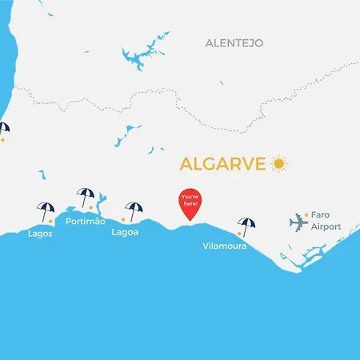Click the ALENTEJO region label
pos(234,42)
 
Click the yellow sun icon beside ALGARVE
pos(279,164)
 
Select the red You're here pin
pos(190,202)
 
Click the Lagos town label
pos(40,234)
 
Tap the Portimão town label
pos(85,222)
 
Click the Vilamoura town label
pos(225,246)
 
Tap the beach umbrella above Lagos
pos(46,210)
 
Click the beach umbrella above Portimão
pos(85,196)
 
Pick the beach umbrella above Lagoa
pos(134,209)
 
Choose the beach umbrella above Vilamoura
pos(247,225)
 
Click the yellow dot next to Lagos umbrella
pos(51,219)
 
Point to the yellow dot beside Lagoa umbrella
pos(123,218)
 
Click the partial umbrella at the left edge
pos(3,128)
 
